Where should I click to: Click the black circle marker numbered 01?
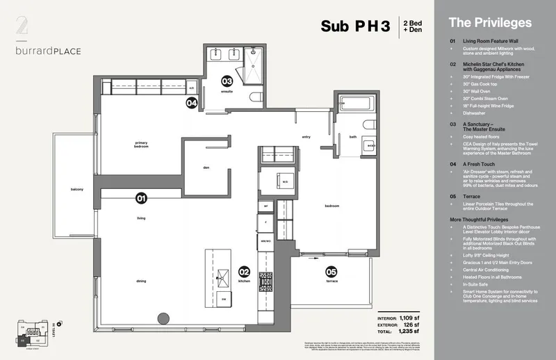[141, 199]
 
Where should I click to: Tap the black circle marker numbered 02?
[244, 272]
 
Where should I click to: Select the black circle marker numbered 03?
[227, 81]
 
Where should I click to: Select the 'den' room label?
[206, 167]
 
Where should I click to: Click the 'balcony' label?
[76, 190]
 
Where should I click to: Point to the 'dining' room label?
[141, 281]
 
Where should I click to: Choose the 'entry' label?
[304, 137]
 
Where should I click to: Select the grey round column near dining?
[163, 318]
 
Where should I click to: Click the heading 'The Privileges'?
[490, 22]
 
